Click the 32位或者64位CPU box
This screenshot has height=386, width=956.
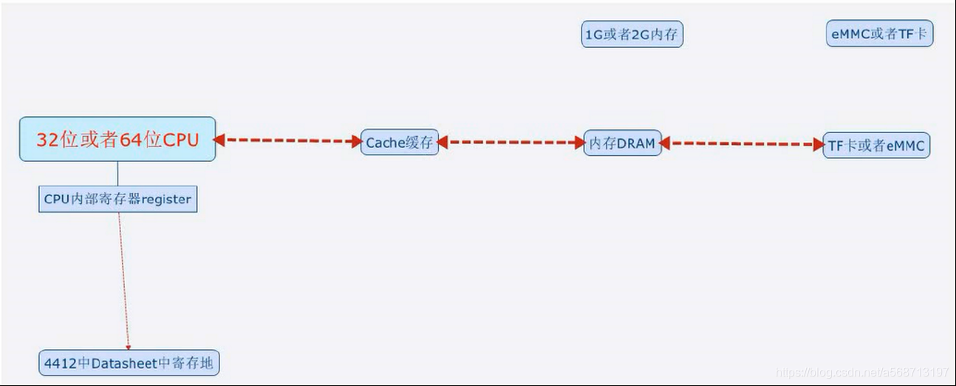[x=117, y=139]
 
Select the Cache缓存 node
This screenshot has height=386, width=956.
[x=400, y=143]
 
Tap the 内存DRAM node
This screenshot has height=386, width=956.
[x=622, y=143]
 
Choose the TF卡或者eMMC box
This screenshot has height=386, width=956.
[x=876, y=146]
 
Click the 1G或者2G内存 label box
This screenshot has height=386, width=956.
[x=632, y=34]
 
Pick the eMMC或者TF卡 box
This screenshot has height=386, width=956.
[x=879, y=34]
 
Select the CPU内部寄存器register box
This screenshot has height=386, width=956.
[x=117, y=199]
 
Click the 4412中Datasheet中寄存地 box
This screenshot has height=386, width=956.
[x=129, y=363]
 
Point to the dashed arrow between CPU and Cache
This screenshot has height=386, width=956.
[x=288, y=140]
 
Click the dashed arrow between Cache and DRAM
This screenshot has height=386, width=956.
[x=511, y=142]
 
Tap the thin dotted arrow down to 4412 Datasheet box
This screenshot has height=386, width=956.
[x=124, y=281]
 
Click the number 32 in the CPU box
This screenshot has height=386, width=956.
[x=47, y=140]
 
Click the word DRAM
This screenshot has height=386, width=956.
[x=636, y=143]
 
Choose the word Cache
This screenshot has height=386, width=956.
[x=383, y=143]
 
